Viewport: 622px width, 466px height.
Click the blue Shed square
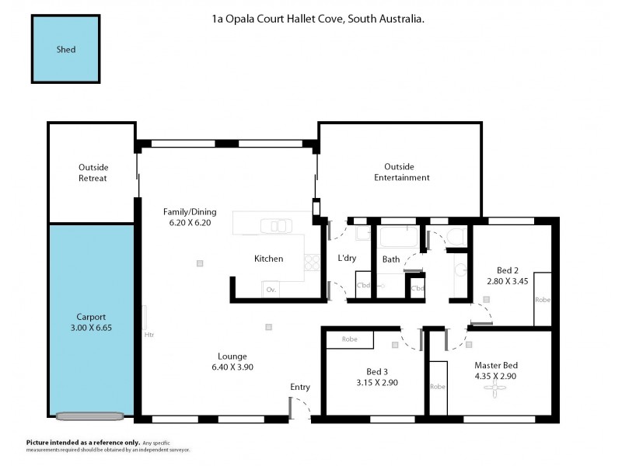(66, 49)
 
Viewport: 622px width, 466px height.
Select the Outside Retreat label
(93, 172)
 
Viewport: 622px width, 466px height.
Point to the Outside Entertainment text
(401, 172)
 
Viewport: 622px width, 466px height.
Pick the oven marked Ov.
(271, 289)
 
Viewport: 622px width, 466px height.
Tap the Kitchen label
(269, 259)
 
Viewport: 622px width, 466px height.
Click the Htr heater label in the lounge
(149, 336)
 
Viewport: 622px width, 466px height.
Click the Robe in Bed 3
(349, 339)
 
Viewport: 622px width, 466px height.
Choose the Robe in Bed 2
(543, 299)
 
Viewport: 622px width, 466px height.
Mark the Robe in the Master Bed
(438, 386)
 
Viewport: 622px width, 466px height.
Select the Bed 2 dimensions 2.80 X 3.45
(508, 281)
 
